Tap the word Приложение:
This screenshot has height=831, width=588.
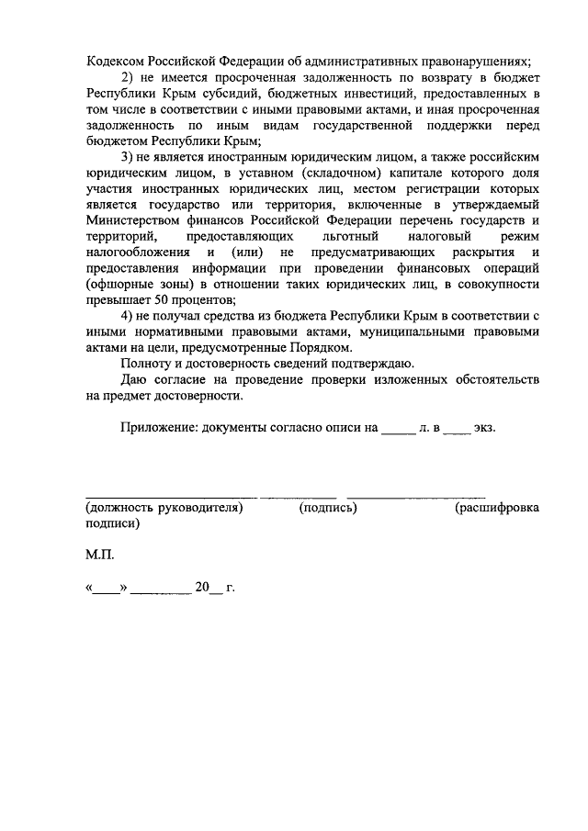[x=164, y=428]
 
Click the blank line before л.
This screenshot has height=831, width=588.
[x=398, y=430]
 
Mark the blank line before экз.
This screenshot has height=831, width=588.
[x=456, y=430]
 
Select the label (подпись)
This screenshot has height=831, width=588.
[x=328, y=508]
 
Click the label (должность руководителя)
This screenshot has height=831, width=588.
[x=164, y=508]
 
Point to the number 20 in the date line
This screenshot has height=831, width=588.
[x=202, y=588]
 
